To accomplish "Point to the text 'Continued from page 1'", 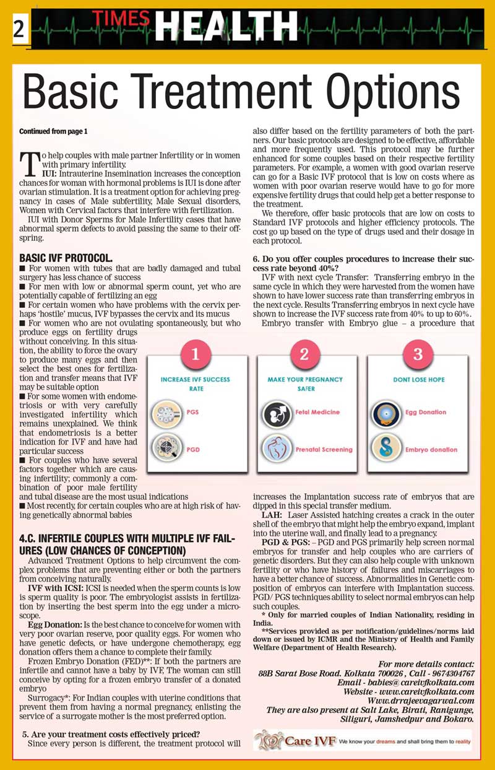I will pos(54,131).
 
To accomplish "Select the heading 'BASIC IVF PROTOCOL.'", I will pos(66,257).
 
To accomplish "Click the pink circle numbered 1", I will pos(196,354).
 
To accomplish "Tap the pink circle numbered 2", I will pos(304,354).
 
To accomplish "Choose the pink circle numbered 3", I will pos(418,354).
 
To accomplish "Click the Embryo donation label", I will pos(431,449).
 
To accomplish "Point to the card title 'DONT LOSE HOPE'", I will pos(418,379).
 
